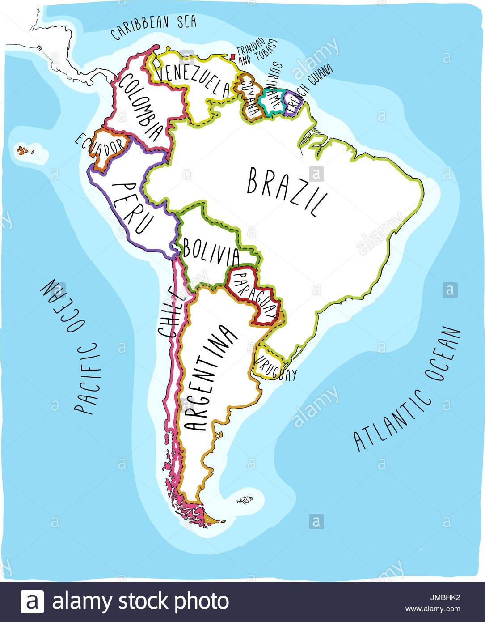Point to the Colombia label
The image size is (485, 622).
click(141, 107)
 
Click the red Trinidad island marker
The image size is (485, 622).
click(232, 57)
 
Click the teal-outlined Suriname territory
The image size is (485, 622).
click(272, 102)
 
